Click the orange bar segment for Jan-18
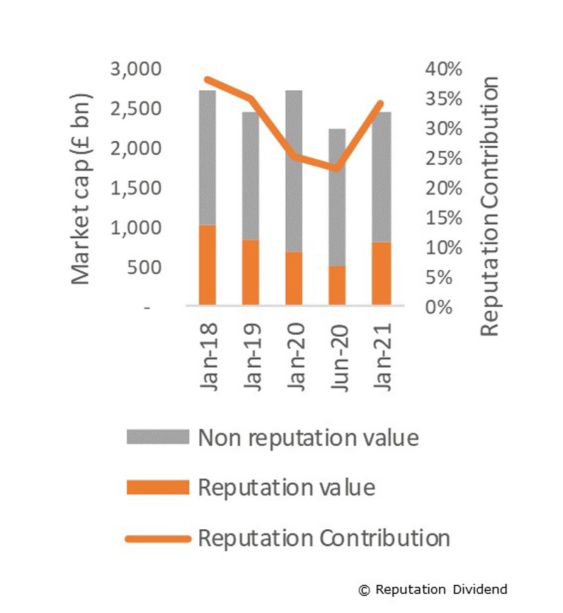pos(207,265)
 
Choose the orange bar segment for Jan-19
pos(251,272)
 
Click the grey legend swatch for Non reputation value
pos(158,438)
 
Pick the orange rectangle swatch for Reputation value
pos(158,488)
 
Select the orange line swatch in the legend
pos(158,539)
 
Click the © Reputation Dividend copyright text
pos(432,589)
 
